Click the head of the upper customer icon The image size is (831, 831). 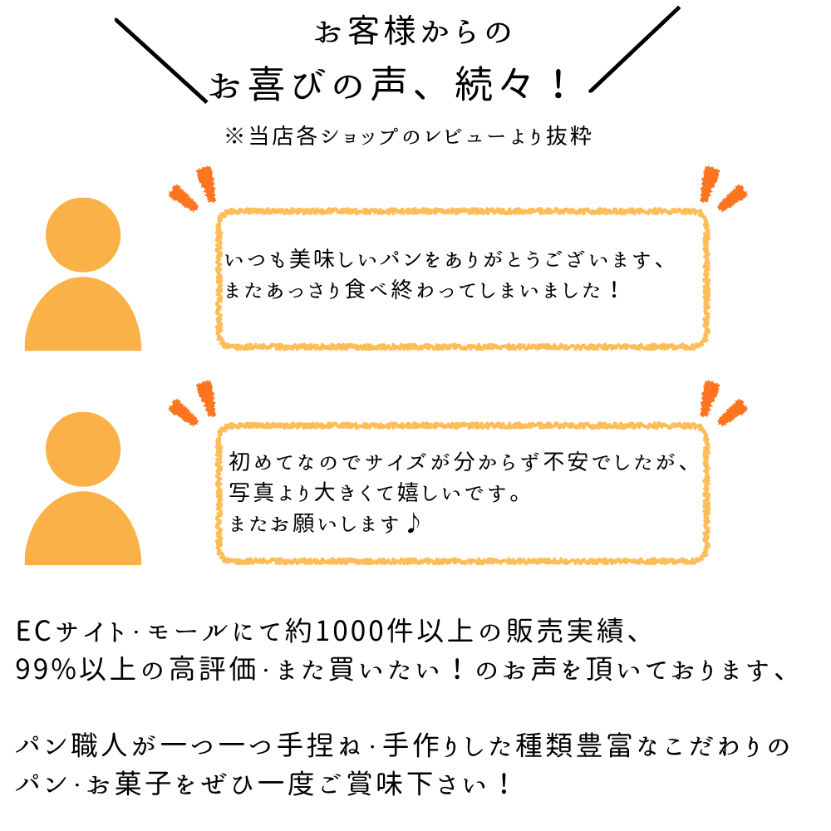(x=83, y=234)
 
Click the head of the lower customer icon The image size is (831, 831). (x=83, y=450)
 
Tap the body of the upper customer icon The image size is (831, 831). (x=83, y=320)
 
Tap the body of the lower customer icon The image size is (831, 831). (x=83, y=534)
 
